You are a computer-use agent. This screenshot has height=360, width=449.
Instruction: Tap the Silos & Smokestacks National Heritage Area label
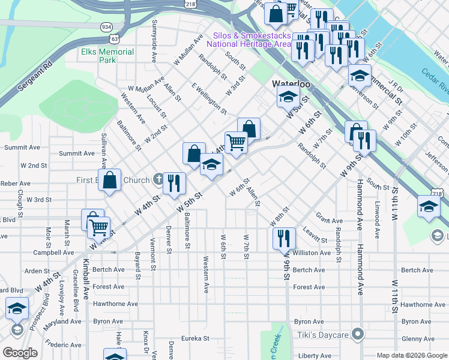point(250,40)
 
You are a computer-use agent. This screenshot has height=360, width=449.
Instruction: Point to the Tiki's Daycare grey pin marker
point(358,333)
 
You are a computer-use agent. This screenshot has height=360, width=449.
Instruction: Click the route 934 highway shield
point(107,27)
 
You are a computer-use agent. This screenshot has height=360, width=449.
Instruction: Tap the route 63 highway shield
point(114,38)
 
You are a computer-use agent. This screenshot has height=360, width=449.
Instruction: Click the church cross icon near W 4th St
point(158,178)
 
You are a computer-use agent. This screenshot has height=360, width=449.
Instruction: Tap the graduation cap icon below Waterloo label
point(288,96)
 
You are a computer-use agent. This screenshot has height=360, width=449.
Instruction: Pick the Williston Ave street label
point(312,253)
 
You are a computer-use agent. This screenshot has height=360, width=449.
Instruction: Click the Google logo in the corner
point(20,353)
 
